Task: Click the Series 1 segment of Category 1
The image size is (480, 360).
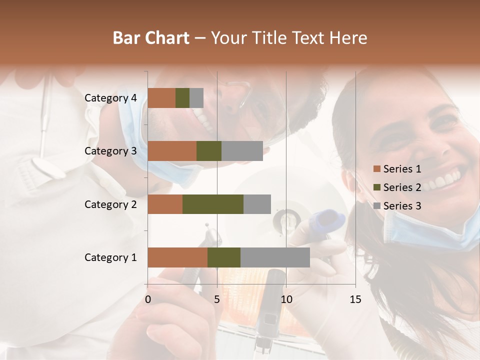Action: (177, 257)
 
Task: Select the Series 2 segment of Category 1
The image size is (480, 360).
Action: (224, 257)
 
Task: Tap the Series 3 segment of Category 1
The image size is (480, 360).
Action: (275, 257)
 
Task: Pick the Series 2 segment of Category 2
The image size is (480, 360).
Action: (213, 204)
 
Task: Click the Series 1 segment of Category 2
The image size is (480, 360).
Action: (165, 204)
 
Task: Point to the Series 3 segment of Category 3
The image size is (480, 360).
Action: (242, 151)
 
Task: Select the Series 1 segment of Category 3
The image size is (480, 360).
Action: (172, 151)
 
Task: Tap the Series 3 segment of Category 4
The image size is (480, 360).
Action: (196, 98)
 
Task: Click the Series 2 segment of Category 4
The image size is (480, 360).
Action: (182, 98)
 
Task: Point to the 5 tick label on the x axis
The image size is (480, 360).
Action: (217, 299)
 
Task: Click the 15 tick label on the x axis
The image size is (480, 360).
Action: (355, 299)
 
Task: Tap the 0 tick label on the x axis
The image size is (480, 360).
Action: (148, 299)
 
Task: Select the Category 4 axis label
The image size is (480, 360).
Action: (110, 98)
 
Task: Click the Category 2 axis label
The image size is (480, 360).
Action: (110, 204)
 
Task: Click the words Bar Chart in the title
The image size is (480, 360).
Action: (151, 38)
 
